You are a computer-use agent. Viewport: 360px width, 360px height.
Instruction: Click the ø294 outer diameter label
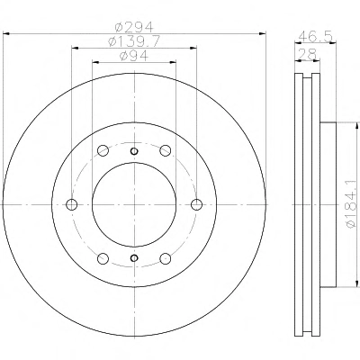pyautogui.click(x=134, y=28)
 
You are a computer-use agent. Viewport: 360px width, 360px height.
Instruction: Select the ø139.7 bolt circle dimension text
pyautogui.click(x=134, y=41)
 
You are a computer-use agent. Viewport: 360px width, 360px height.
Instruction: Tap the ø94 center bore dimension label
pyautogui.click(x=134, y=56)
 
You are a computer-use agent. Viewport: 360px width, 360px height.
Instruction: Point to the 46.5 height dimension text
pyautogui.click(x=316, y=37)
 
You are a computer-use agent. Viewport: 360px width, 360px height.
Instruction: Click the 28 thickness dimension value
pyautogui.click(x=309, y=54)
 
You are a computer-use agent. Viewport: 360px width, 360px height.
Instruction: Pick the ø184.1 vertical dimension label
pyautogui.click(x=352, y=204)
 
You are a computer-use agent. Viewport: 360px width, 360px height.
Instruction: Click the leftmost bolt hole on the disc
pyautogui.click(x=71, y=204)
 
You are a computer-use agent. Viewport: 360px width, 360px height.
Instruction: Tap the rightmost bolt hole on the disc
pyautogui.click(x=196, y=204)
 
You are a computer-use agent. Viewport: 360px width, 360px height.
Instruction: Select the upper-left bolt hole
pyautogui.click(x=103, y=150)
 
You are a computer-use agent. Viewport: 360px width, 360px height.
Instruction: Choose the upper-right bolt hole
pyautogui.click(x=166, y=150)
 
